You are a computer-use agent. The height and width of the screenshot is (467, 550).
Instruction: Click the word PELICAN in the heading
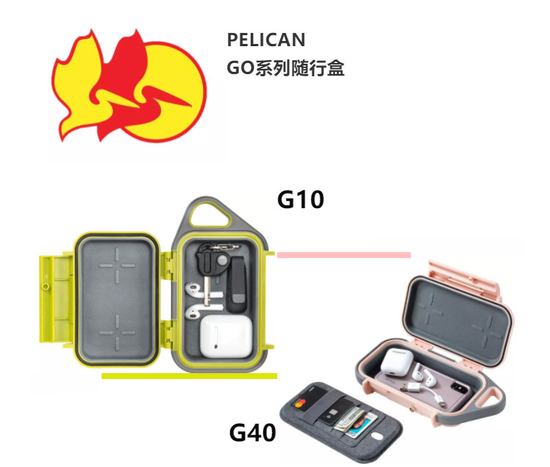pyautogui.click(x=266, y=40)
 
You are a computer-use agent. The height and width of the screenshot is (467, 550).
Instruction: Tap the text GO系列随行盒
pyautogui.click(x=286, y=69)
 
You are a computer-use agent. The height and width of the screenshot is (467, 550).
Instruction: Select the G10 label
pyautogui.click(x=301, y=199)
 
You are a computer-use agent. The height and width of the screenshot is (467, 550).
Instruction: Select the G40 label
pyautogui.click(x=253, y=432)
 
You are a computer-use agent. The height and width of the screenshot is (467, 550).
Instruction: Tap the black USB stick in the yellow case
pyautogui.click(x=236, y=282)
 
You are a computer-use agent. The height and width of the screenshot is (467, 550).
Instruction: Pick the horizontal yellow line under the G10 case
pyautogui.click(x=188, y=376)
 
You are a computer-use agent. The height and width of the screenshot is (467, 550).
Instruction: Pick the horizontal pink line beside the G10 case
pyautogui.click(x=343, y=254)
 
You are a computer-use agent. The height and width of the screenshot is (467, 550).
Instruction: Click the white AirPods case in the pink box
pyautogui.click(x=397, y=361)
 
